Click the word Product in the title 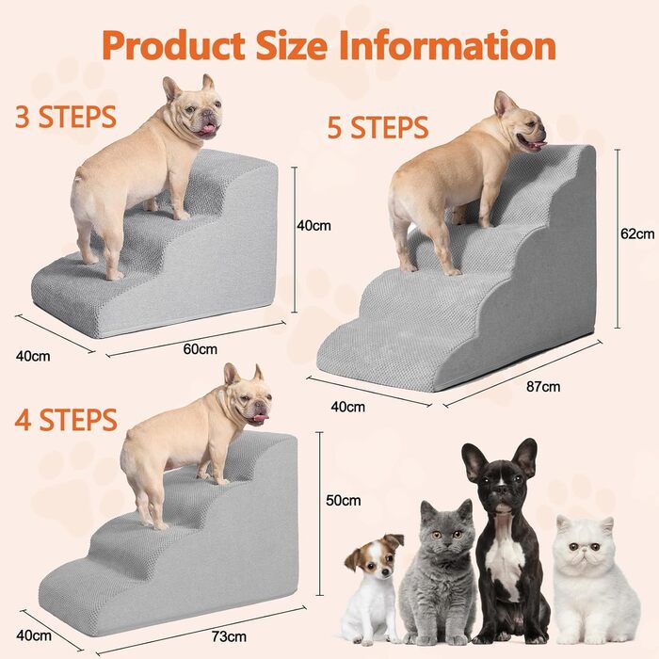tap(173, 46)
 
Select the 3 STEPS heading tap(66, 117)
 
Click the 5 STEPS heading tap(378, 127)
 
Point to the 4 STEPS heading tap(66, 420)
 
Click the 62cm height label tap(637, 233)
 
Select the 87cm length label tap(543, 386)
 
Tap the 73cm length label tap(229, 636)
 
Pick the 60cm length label tap(200, 349)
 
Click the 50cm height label tap(344, 500)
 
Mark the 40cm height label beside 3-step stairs tap(313, 225)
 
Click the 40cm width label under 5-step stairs tap(348, 407)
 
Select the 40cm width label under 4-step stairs tap(34, 635)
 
